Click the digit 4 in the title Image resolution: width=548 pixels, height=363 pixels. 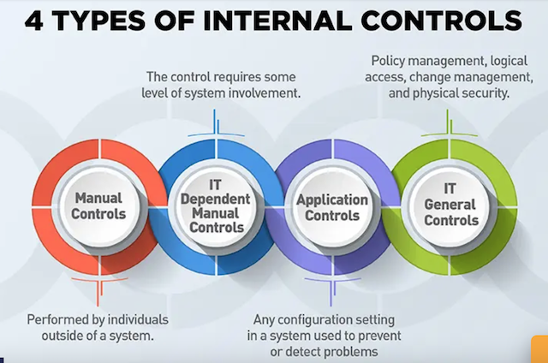34,21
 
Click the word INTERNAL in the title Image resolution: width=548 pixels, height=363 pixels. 277,21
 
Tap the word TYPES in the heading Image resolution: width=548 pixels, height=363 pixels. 99,21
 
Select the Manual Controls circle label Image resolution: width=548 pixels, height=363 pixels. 98,205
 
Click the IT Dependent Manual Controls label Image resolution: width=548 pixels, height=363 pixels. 216,206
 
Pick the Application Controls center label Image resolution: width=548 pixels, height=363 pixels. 332,207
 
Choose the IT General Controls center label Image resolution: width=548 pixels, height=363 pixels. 451,205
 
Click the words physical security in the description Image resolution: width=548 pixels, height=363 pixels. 461,93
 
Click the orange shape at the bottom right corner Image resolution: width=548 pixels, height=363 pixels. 539,349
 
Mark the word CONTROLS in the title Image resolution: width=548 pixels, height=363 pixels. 442,21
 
